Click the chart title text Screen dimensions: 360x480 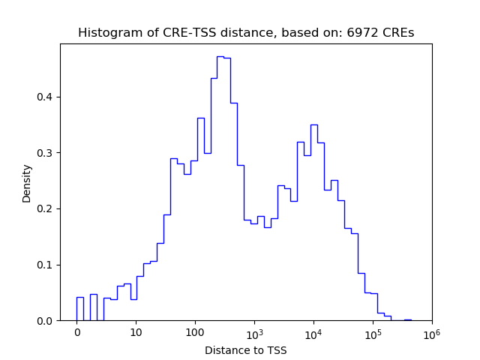point(246,33)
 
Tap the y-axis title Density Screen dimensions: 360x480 point(27,182)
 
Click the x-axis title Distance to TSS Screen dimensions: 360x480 point(246,350)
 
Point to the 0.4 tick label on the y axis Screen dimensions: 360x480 point(46,97)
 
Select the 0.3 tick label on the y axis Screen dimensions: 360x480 point(46,153)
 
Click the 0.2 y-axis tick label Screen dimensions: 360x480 point(46,209)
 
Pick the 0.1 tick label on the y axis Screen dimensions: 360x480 point(46,265)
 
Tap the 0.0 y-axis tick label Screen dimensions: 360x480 point(46,321)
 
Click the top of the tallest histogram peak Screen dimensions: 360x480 point(220,57)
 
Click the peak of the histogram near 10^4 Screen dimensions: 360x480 point(313,125)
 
